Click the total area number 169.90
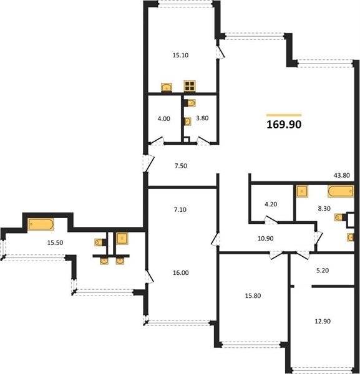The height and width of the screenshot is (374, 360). pos(284,124)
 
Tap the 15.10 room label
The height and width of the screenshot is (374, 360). pos(180,55)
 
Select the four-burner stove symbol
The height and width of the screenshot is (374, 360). pos(190,86)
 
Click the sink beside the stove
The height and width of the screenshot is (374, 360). pos(167,87)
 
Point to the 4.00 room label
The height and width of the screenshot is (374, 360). pos(163,118)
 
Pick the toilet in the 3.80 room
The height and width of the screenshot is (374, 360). pos(191,103)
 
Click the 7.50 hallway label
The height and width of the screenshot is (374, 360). pos(181,166)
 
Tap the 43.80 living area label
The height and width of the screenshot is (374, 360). pos(342,175)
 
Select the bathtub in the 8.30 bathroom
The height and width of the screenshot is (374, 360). pos(341,191)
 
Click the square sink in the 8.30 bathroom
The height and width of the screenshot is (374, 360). pos(302,191)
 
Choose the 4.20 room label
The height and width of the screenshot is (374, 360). pos(271,204)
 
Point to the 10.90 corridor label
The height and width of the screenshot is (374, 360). pos(265,238)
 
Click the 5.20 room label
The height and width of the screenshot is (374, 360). pos(323,271)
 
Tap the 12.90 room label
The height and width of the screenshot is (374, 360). pos(323,321)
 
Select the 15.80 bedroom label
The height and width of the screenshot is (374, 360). pos(253,295)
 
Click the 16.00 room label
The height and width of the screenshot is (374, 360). pos(181,272)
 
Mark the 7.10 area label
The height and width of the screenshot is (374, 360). pos(180,209)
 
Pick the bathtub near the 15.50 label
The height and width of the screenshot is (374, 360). pos(41,224)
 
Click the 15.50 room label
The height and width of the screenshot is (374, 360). pos(55,243)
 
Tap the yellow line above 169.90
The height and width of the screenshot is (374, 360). pos(284,115)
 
